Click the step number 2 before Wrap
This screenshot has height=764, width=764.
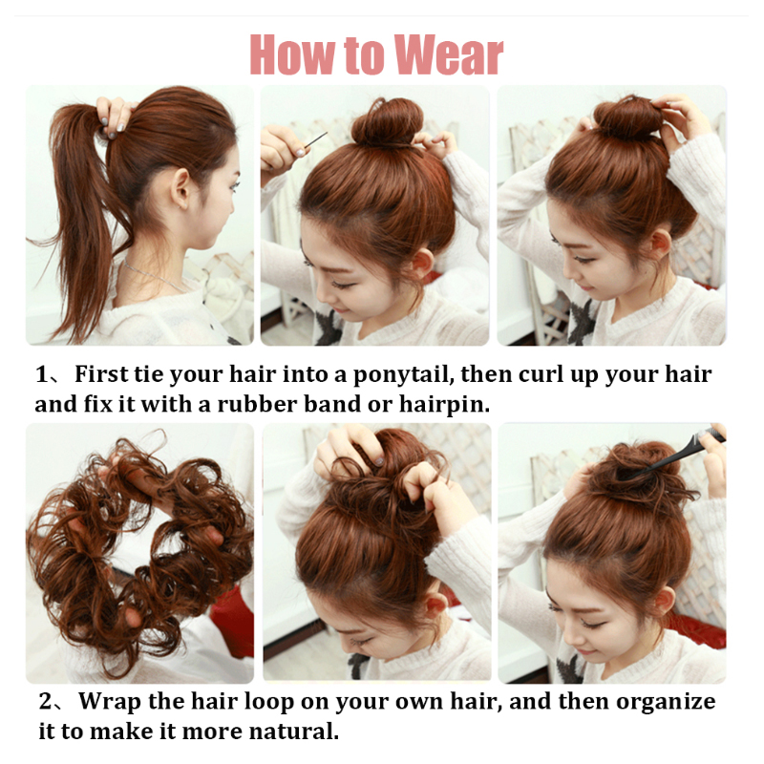(x=45, y=702)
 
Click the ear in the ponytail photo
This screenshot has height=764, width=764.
(x=180, y=185)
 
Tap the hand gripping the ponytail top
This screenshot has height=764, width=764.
(x=113, y=115)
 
